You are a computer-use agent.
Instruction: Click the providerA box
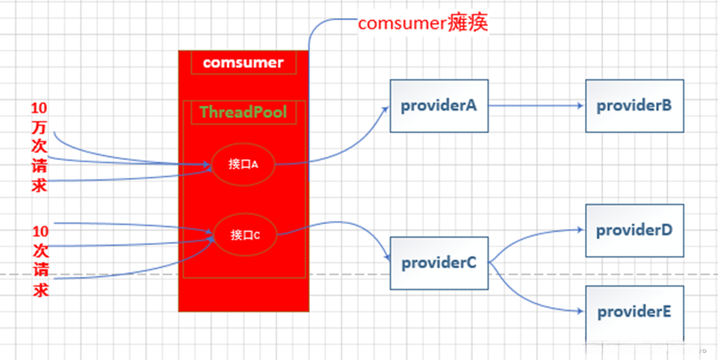439,106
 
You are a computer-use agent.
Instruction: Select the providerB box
634,106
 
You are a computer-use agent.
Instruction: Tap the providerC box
439,263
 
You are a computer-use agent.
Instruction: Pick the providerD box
634,230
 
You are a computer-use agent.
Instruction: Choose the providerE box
634,311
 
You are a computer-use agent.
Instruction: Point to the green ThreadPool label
244,113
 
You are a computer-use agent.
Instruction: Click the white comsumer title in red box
244,63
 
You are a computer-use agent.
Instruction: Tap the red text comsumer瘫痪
422,23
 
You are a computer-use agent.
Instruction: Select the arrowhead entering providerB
581,106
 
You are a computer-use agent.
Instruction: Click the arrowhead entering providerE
581,312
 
